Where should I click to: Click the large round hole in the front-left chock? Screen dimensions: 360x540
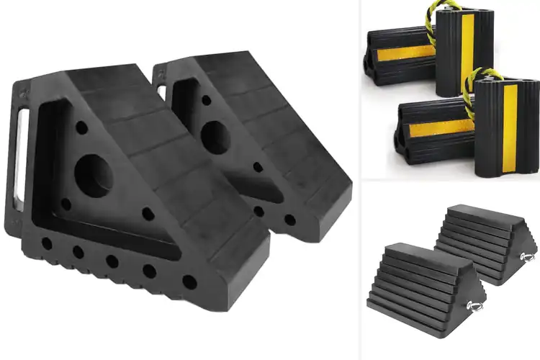tap(92, 174)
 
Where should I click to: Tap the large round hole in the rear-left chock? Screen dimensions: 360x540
tap(215, 137)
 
